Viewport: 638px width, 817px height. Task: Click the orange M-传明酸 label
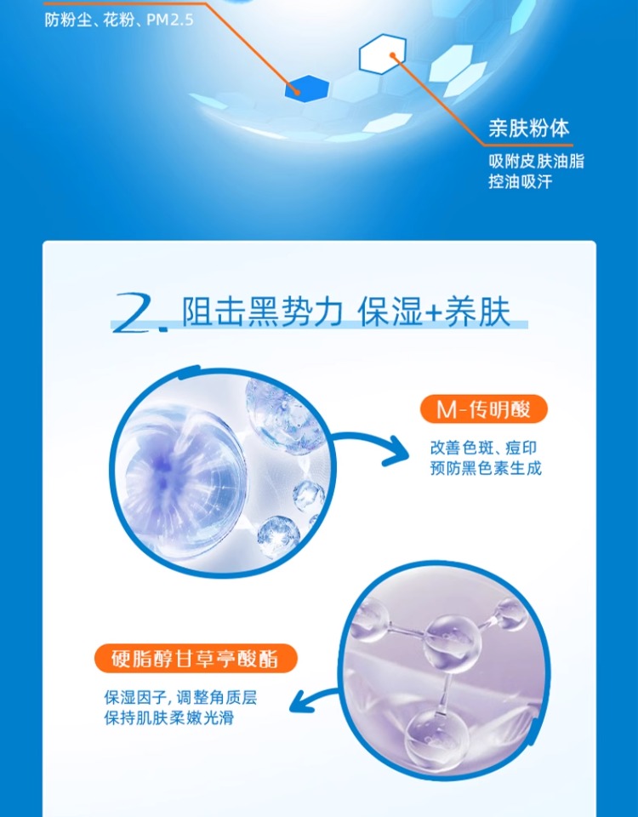pos(483,409)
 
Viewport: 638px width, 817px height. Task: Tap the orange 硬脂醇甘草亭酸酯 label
pos(196,659)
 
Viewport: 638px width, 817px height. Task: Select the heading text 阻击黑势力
pos(262,311)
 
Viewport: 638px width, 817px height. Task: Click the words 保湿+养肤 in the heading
pos(433,311)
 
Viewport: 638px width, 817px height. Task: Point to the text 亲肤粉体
pos(528,129)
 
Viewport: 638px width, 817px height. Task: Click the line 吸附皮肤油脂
pos(536,162)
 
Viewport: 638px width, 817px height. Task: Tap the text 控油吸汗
pos(520,182)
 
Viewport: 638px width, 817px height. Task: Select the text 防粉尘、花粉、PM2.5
pos(119,20)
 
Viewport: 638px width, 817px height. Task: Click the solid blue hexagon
pos(307,88)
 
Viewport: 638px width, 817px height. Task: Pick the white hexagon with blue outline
pos(382,53)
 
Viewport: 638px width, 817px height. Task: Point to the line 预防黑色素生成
pos(486,468)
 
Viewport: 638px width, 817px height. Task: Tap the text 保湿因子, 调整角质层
pos(180,698)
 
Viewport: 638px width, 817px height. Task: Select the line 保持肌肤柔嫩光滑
pos(168,718)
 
